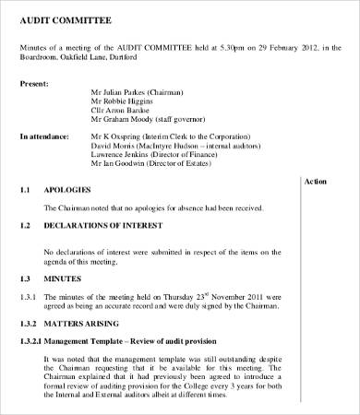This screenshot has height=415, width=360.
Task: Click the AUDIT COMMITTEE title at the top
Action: click(x=62, y=20)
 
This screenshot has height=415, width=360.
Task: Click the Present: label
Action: click(x=35, y=83)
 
